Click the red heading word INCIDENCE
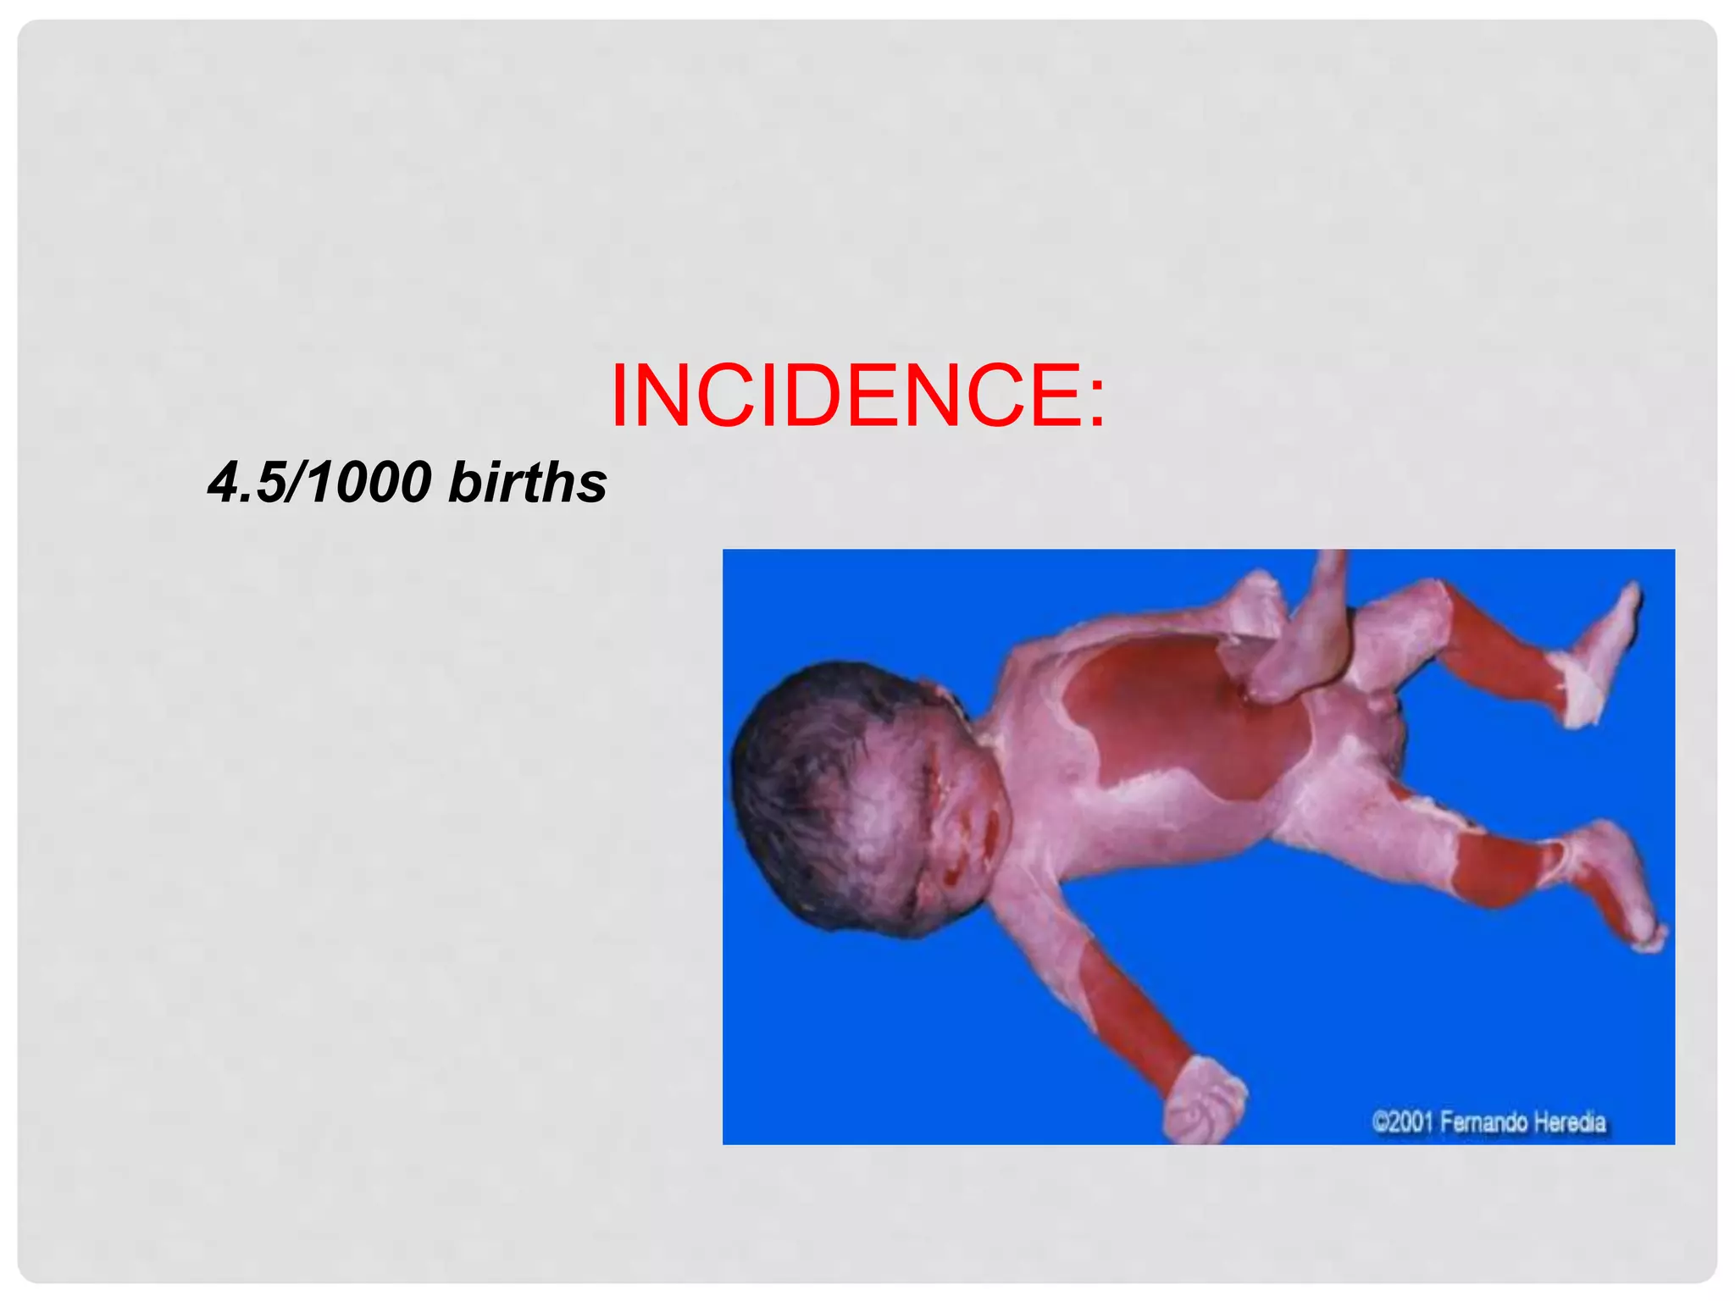click(847, 396)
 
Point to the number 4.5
click(246, 483)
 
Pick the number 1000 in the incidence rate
click(369, 483)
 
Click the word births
click(527, 483)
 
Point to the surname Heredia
click(1571, 1123)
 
